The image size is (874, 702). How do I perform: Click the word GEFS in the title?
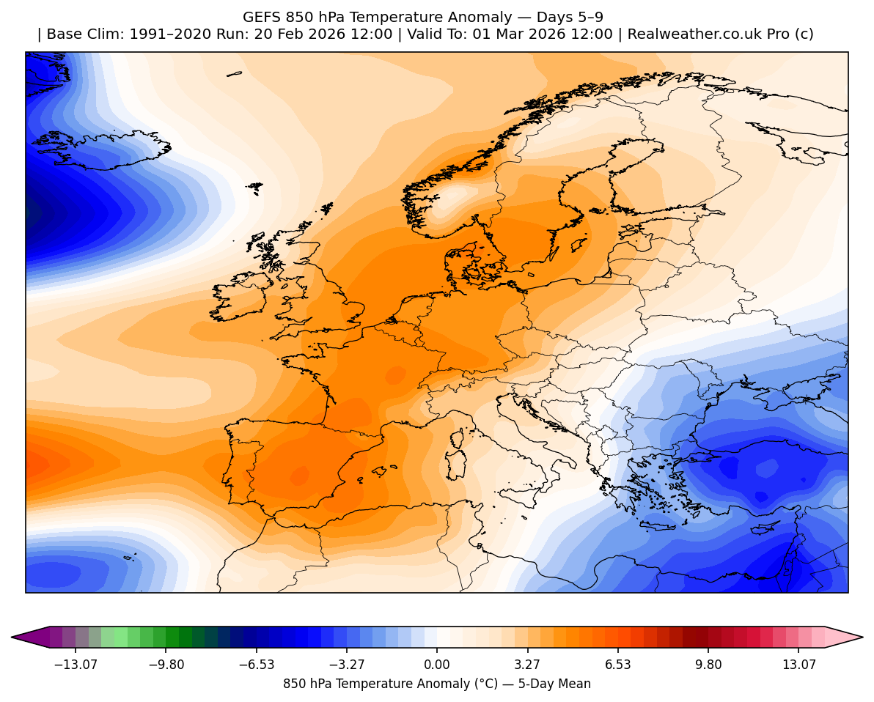tap(260, 17)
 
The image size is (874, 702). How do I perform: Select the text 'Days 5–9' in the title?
tap(576, 17)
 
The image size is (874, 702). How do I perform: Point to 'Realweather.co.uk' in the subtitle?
tap(689, 34)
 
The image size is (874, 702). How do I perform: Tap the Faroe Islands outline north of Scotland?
tap(254, 188)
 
